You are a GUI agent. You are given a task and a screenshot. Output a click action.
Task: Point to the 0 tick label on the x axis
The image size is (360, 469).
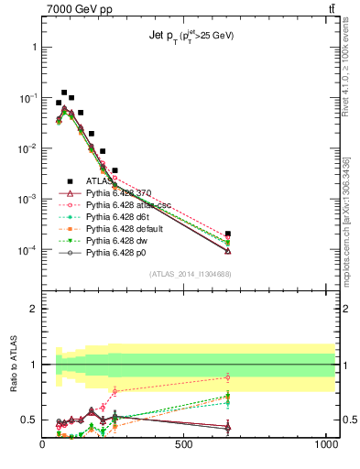(43, 446)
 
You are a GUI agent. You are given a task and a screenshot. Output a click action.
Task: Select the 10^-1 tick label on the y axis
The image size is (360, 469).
(27, 97)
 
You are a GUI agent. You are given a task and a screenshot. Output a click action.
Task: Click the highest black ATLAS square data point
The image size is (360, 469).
(64, 93)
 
